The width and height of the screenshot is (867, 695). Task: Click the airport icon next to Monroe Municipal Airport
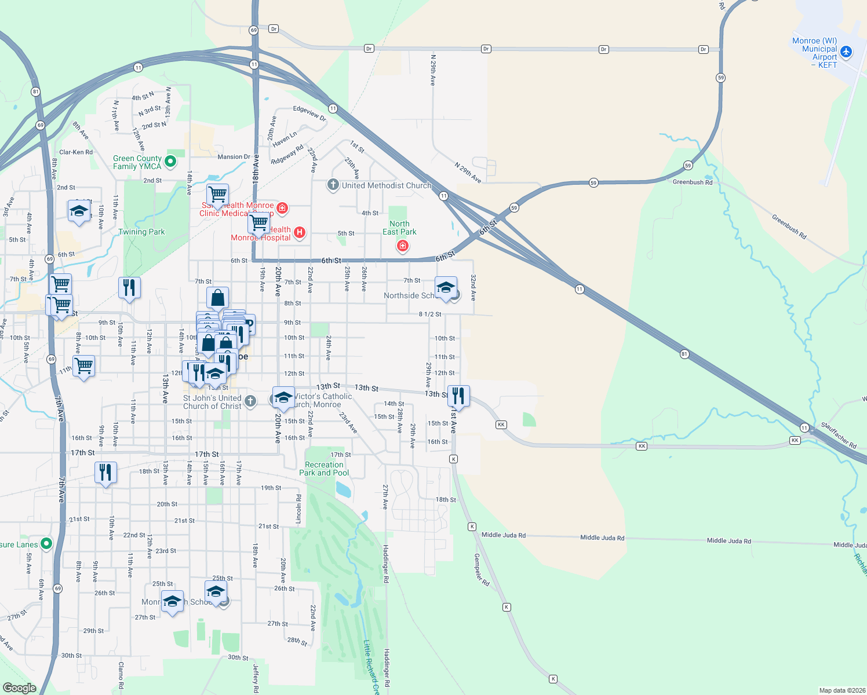click(846, 52)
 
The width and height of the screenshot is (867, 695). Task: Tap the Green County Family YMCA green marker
click(170, 162)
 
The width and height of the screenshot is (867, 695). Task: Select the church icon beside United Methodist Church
click(333, 185)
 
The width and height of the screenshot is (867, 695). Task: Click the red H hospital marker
click(300, 233)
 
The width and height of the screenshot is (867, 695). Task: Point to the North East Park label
click(399, 228)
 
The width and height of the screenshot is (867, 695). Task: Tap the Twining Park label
click(141, 232)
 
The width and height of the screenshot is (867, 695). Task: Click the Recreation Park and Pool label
click(324, 469)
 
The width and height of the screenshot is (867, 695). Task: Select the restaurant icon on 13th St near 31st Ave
click(458, 396)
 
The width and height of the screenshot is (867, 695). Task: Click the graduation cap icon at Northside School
click(446, 287)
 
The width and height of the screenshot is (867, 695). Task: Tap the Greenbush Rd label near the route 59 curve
click(692, 182)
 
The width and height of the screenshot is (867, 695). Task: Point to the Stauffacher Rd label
click(839, 436)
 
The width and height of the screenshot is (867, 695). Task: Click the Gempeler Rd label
click(481, 570)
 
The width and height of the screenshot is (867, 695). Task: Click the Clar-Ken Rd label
click(76, 152)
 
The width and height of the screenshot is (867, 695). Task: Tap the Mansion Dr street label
click(234, 157)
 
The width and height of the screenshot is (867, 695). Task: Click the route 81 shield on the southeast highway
click(684, 354)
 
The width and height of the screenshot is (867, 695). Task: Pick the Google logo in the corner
click(19, 687)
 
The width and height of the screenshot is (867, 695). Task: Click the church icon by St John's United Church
click(250, 401)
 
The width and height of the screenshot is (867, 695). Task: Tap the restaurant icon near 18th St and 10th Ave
click(105, 473)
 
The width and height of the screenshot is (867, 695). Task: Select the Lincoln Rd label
click(299, 509)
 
